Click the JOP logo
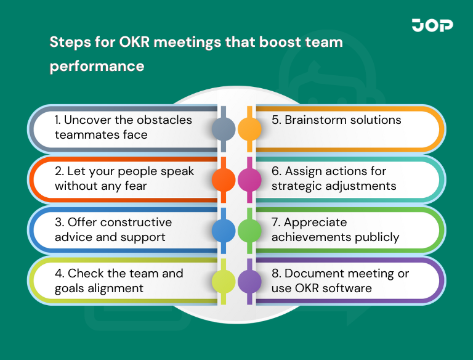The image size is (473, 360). tap(432, 25)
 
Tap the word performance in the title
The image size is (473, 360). tap(97, 65)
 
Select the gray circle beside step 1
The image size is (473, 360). tap(224, 129)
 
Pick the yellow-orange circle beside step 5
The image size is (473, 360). tap(249, 129)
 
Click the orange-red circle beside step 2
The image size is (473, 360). tap(224, 180)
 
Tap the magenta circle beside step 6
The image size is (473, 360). tap(249, 180)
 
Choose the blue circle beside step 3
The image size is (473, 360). tap(224, 231)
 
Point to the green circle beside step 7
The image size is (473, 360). tap(249, 231)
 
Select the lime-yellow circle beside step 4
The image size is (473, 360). tap(224, 281)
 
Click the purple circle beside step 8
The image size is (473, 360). tap(249, 281)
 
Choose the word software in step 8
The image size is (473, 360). tap(351, 288)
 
